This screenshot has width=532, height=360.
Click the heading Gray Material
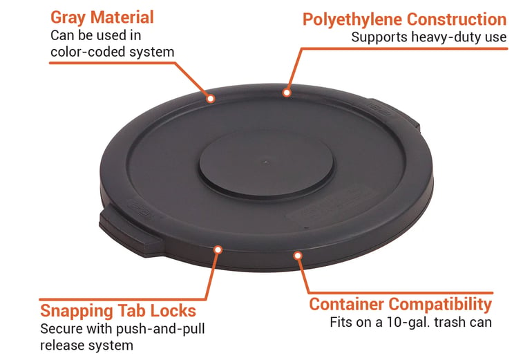point(102,18)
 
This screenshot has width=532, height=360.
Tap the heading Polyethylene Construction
point(404,19)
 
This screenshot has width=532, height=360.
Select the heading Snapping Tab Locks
point(118,311)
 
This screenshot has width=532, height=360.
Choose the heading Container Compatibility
point(400,304)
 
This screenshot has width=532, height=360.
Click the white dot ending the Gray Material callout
point(211,99)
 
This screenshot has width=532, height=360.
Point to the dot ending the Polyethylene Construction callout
point(287,93)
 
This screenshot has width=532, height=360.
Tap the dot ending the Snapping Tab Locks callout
point(218,250)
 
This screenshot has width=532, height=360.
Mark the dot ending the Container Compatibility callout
point(298,256)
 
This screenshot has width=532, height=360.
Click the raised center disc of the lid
point(266,164)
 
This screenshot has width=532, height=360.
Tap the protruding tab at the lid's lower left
point(129,231)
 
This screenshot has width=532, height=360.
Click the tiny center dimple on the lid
point(266,162)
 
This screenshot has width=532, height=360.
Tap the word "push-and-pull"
point(161,329)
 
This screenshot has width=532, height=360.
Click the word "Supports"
point(379,37)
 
